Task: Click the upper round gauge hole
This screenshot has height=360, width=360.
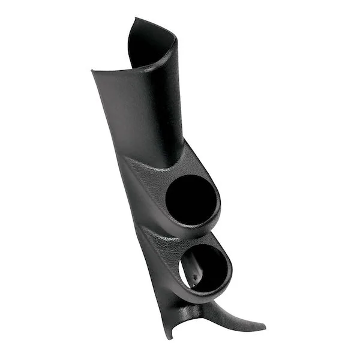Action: point(188,199)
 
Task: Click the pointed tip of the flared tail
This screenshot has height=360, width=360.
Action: point(265,328)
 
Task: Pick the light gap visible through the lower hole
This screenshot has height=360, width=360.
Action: point(188,264)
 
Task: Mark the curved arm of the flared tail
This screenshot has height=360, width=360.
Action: point(237,315)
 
